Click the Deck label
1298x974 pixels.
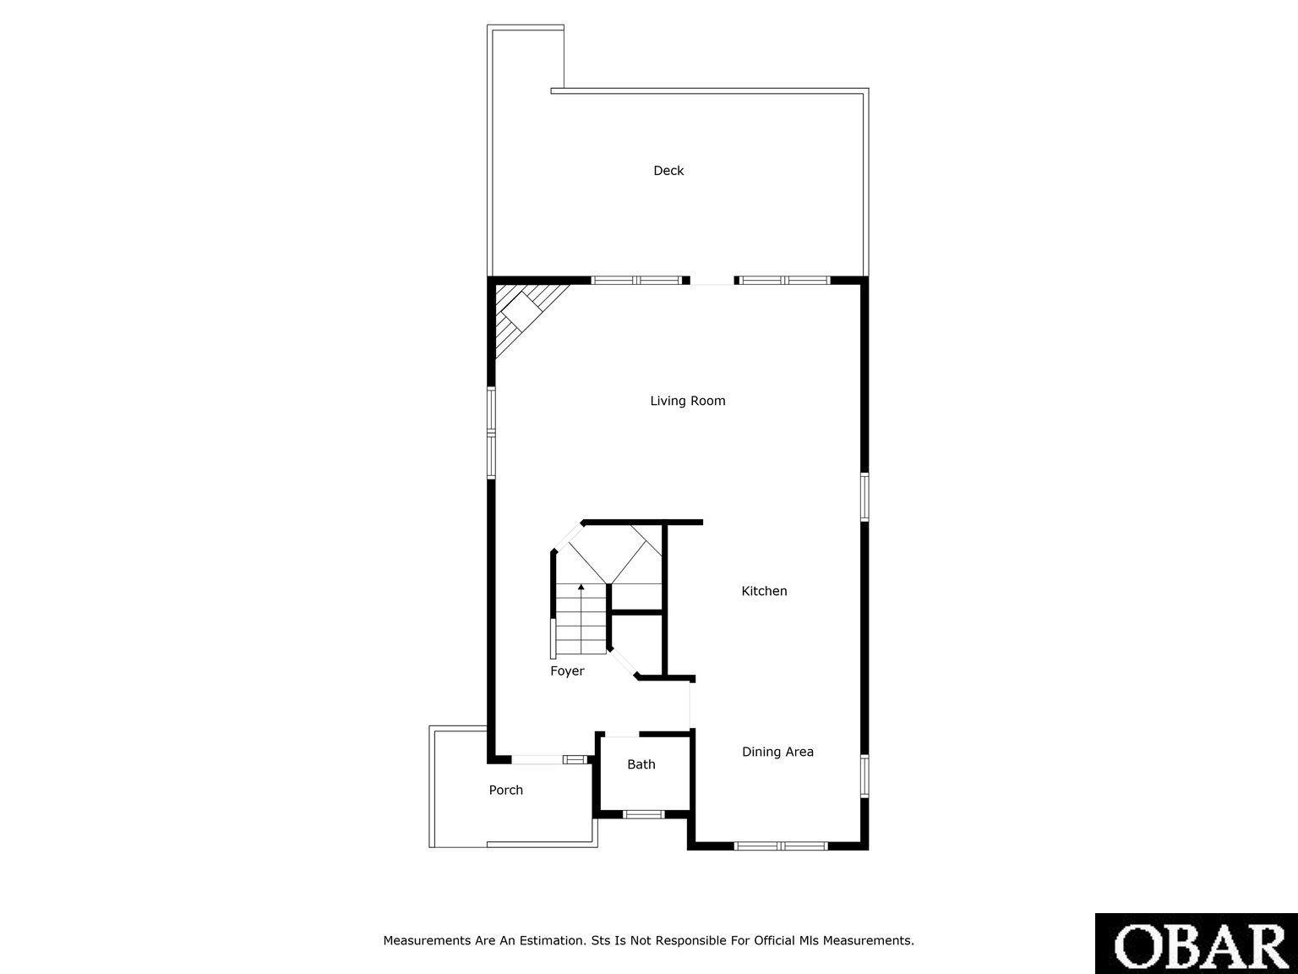click(x=668, y=171)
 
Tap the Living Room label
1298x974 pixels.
click(x=688, y=401)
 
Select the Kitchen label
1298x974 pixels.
click(x=764, y=591)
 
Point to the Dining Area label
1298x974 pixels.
click(x=777, y=752)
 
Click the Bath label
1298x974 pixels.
click(x=641, y=764)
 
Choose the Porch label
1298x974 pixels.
click(x=505, y=790)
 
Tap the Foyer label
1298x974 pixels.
click(x=567, y=671)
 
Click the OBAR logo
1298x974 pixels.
click(x=1197, y=944)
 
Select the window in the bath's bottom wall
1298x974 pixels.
click(x=643, y=814)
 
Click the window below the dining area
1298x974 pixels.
click(x=781, y=846)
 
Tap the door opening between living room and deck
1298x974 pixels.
click(x=712, y=281)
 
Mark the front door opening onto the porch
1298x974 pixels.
click(x=537, y=760)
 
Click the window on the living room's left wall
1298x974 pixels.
click(x=491, y=432)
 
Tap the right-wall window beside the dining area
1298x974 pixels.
click(x=864, y=776)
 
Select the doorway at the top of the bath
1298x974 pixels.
click(x=621, y=735)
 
